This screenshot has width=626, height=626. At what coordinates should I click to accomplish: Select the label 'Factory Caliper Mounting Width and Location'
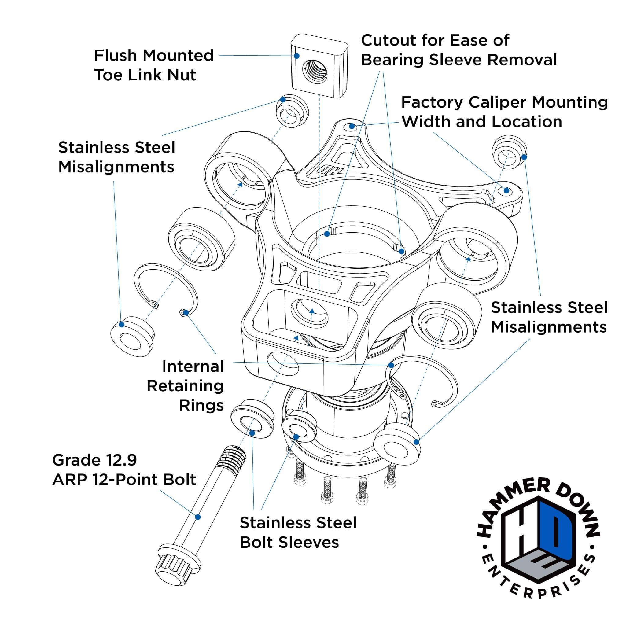[x=504, y=112]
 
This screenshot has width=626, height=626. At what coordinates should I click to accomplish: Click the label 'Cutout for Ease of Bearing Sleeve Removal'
[x=459, y=50]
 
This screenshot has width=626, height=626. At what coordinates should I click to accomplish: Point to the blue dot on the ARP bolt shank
[x=198, y=517]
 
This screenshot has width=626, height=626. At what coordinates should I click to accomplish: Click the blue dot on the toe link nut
[x=296, y=56]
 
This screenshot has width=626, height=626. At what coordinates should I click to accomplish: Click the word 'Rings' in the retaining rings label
[x=201, y=405]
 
